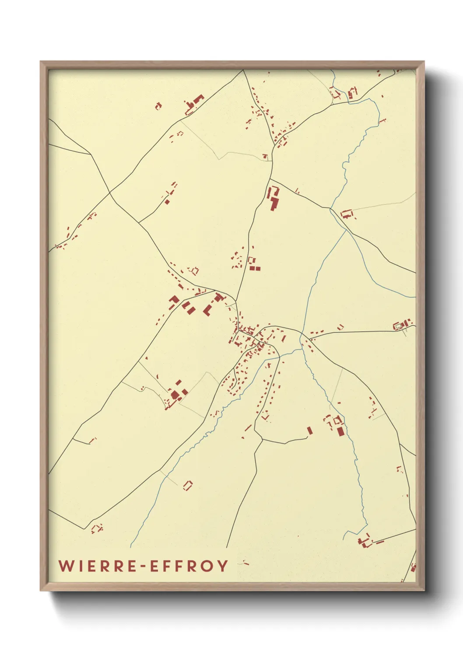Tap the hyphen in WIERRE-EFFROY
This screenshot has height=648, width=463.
143,566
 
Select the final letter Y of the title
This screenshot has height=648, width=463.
222,566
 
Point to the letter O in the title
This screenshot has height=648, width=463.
206,566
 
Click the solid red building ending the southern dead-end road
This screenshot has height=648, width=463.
310,430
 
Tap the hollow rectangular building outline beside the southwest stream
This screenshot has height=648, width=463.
188,485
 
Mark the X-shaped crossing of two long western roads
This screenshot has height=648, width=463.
109,192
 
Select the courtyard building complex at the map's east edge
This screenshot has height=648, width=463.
400,325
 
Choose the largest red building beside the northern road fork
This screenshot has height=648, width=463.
274,204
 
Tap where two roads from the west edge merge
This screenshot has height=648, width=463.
90,154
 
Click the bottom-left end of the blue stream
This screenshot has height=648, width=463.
131,547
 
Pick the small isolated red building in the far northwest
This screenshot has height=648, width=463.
158,105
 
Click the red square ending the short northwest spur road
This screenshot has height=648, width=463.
167,201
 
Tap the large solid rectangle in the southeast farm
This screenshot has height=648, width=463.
340,431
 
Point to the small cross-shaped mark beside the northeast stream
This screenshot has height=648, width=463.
383,120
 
